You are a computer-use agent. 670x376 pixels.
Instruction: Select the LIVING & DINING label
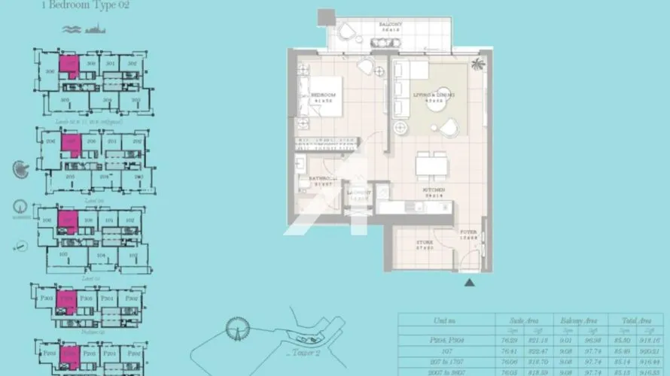pos(434,96)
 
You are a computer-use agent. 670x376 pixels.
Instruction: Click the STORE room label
pos(425,243)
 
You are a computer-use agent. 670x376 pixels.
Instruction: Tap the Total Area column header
pos(629,320)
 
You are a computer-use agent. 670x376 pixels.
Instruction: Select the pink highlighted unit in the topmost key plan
pos(70,66)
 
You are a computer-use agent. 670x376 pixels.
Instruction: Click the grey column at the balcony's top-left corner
pos(324,16)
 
